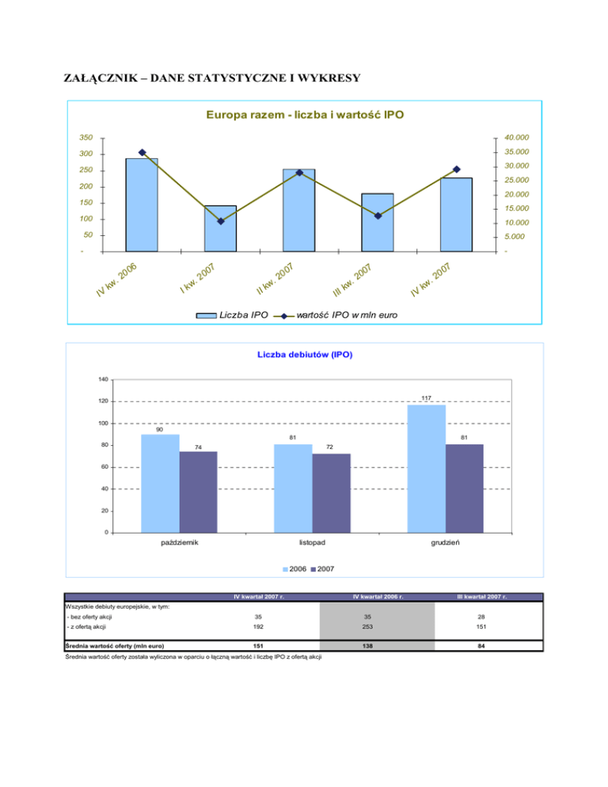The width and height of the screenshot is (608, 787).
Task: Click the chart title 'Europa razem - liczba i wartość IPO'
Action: [305, 116]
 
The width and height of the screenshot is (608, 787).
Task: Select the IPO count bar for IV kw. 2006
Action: [142, 204]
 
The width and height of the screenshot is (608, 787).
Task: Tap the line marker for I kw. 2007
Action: [220, 221]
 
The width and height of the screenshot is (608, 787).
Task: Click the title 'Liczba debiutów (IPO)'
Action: [305, 355]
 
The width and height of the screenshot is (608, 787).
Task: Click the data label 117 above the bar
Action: [426, 397]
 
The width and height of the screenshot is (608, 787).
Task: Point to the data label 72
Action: [331, 447]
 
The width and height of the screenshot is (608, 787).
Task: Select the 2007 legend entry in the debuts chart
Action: [325, 569]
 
